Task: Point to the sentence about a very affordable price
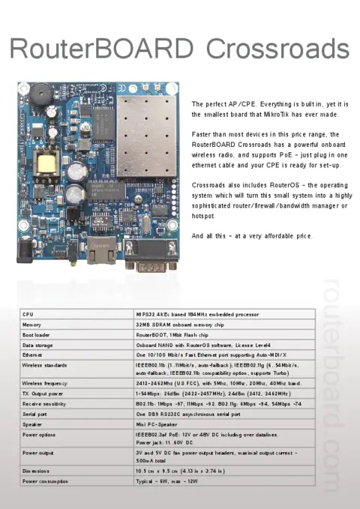pyautogui.click(x=251, y=236)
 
